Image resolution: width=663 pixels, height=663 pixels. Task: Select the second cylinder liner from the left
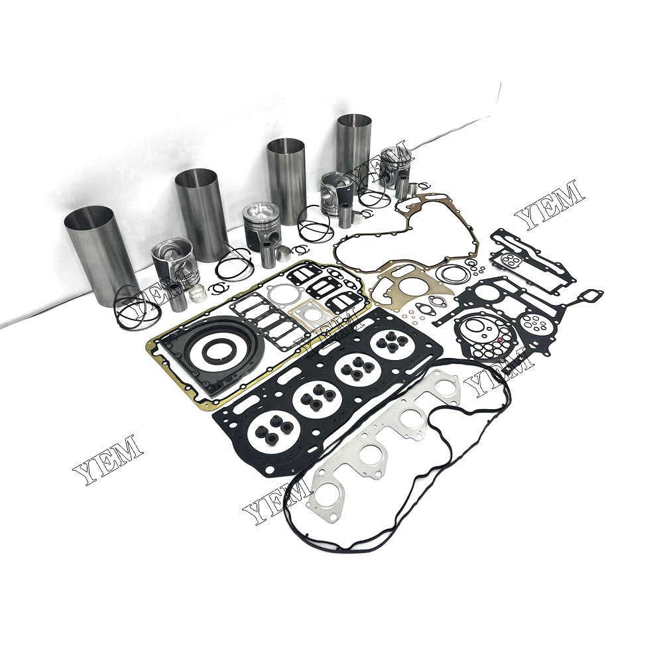[x=202, y=214]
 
